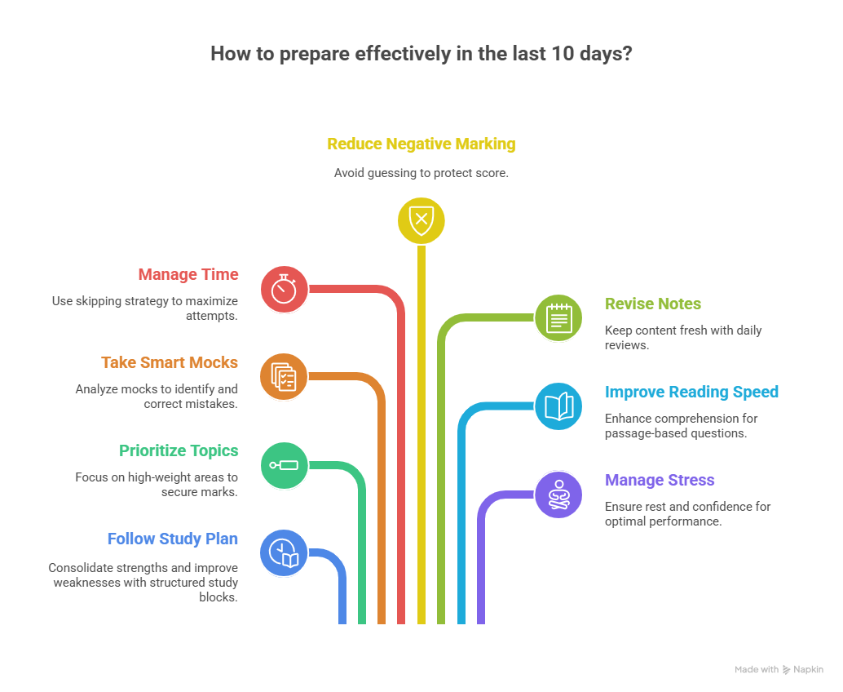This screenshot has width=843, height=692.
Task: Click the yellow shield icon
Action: (x=421, y=220)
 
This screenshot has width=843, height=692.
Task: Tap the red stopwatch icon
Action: (x=284, y=289)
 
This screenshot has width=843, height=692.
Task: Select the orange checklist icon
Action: (x=284, y=377)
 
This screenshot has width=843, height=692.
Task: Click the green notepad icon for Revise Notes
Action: (x=558, y=317)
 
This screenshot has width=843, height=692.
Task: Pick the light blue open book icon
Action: (x=558, y=406)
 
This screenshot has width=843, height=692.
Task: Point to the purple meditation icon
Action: (x=558, y=495)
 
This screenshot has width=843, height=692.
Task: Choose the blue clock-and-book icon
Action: (x=284, y=552)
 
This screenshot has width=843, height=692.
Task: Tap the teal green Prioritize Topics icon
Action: (x=284, y=465)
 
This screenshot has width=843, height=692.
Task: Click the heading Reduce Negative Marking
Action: (x=421, y=144)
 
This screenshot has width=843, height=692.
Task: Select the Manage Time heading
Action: (x=188, y=275)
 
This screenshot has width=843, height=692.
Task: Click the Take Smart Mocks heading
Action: (x=170, y=362)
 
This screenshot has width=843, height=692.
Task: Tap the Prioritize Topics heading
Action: (x=179, y=450)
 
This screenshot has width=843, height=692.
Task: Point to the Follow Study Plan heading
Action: (x=172, y=539)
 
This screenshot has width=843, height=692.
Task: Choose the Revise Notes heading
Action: (x=652, y=304)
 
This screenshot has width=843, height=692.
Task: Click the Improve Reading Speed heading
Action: (x=691, y=392)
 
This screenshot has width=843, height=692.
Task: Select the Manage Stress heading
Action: (x=660, y=480)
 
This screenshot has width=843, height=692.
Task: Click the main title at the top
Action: (x=421, y=54)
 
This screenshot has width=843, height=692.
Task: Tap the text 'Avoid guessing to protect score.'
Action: (x=421, y=173)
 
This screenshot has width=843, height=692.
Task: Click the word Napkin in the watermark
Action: (x=809, y=669)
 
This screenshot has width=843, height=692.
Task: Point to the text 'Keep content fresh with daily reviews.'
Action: (x=683, y=337)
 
